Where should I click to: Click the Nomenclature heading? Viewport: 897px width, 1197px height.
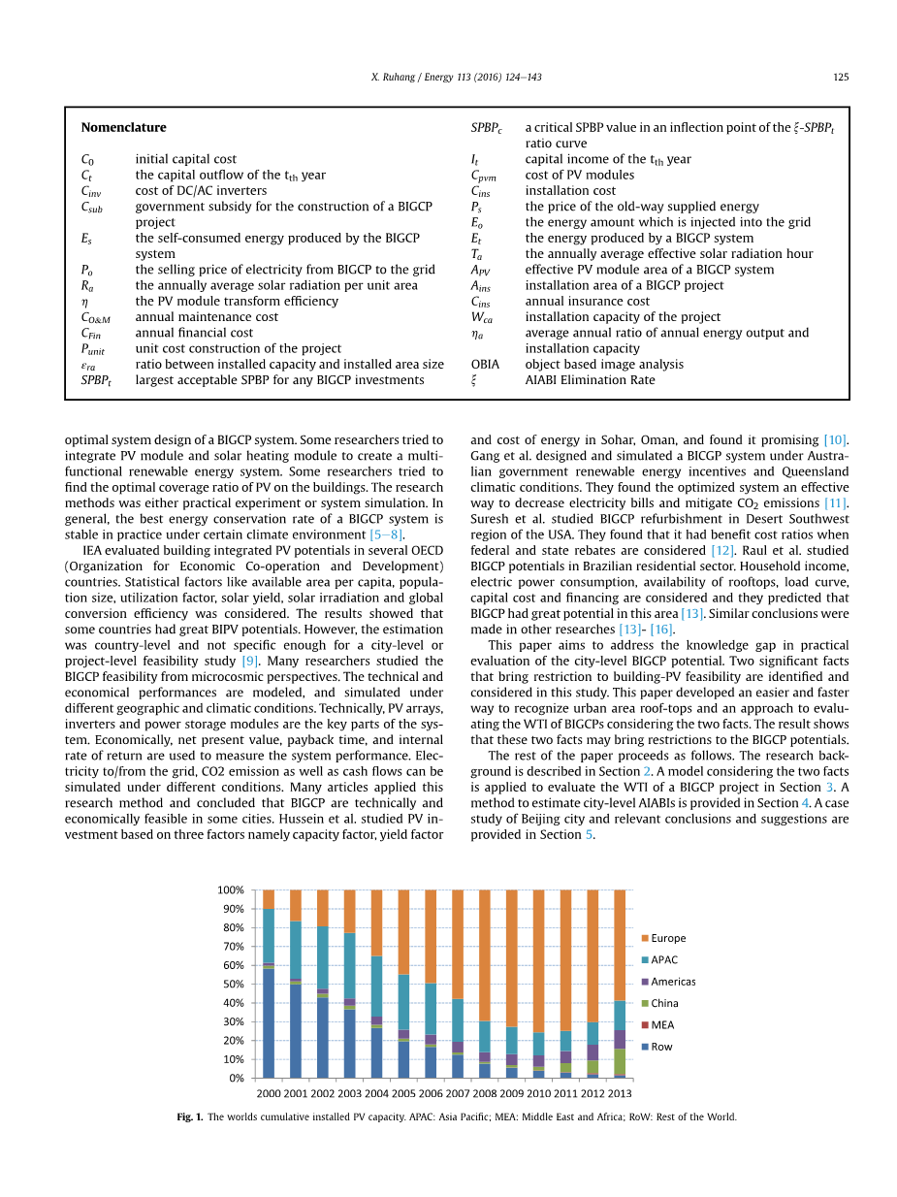[x=123, y=127]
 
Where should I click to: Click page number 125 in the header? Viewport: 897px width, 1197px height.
[x=841, y=78]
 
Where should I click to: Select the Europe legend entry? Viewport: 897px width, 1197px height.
[x=668, y=938]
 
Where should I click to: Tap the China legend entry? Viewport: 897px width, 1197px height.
[x=664, y=1003]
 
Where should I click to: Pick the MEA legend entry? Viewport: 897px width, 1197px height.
[x=662, y=1024]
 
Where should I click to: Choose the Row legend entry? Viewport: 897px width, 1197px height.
[x=661, y=1047]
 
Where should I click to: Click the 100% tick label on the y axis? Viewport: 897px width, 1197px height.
[x=230, y=890]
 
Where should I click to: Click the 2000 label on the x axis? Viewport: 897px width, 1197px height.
[x=269, y=1094]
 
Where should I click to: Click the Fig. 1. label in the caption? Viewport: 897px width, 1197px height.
[x=190, y=1117]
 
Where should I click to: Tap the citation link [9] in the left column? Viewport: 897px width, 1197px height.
[x=249, y=661]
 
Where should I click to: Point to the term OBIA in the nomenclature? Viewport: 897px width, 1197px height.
[x=485, y=365]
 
